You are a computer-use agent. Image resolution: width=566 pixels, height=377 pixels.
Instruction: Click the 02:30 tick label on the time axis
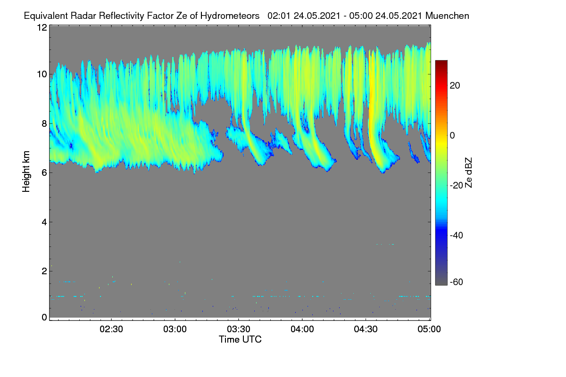[111, 329]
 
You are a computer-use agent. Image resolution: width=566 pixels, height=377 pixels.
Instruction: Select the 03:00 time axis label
[175, 329]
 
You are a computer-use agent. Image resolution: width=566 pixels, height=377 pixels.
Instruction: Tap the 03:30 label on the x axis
[239, 329]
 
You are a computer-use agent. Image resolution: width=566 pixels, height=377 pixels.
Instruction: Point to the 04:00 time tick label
[302, 329]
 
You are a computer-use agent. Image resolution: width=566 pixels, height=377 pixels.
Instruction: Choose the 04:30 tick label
[366, 329]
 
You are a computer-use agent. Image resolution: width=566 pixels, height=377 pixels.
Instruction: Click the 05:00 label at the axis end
[429, 329]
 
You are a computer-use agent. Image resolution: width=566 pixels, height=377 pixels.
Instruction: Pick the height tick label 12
[42, 27]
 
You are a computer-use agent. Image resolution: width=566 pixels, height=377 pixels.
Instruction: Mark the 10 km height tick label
[42, 74]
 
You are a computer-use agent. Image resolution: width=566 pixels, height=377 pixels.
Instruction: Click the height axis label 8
[44, 123]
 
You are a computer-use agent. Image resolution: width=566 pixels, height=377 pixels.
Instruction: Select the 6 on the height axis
[44, 173]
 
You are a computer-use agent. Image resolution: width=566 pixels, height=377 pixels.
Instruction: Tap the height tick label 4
[44, 222]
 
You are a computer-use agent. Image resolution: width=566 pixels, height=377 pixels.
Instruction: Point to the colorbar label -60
[457, 282]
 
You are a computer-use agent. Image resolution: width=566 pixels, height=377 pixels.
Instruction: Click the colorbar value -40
[457, 235]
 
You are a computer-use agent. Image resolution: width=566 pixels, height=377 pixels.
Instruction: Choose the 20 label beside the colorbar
[455, 86]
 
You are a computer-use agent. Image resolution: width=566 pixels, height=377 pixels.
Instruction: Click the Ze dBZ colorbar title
[468, 173]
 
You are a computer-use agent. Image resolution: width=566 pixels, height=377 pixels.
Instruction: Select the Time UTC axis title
[240, 340]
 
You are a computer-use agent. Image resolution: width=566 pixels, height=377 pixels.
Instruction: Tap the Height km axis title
[26, 172]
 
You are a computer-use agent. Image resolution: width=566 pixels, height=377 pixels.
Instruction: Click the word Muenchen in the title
[447, 16]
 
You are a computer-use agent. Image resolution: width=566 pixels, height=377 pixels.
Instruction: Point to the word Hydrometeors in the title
[230, 16]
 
